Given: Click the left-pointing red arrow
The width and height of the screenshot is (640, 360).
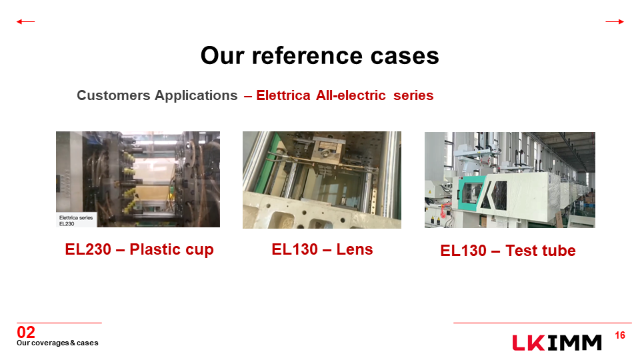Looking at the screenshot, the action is [25, 21].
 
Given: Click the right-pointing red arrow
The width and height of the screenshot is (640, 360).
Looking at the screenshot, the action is [615, 21].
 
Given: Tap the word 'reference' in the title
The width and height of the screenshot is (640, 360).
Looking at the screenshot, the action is [307, 55].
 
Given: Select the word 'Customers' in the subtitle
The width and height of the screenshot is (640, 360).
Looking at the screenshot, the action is [114, 95].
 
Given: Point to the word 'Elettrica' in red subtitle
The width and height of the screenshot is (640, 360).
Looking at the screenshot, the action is [283, 95].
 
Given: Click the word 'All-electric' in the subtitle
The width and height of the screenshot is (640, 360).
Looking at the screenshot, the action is [351, 95].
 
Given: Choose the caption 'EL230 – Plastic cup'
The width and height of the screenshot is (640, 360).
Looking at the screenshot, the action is [139, 249].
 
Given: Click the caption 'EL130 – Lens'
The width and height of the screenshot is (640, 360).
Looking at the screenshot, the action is [322, 249].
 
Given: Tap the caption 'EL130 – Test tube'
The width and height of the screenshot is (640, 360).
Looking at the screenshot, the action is [508, 251].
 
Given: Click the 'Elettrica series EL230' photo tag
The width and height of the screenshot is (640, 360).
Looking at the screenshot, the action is [76, 221].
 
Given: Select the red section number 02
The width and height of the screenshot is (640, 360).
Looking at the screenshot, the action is [26, 332].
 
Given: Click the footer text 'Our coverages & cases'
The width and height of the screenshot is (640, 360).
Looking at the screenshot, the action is [57, 343].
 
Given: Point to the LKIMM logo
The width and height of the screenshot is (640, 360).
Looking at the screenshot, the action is [557, 343].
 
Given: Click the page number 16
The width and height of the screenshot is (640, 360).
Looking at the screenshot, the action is [620, 335].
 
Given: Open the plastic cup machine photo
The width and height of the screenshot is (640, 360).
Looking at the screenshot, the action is [138, 179].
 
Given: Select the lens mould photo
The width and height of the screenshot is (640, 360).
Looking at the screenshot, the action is [322, 180].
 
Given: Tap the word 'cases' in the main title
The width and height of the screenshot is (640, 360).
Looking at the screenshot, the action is [405, 55].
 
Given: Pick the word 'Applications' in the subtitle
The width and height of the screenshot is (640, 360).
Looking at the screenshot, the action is [196, 95].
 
